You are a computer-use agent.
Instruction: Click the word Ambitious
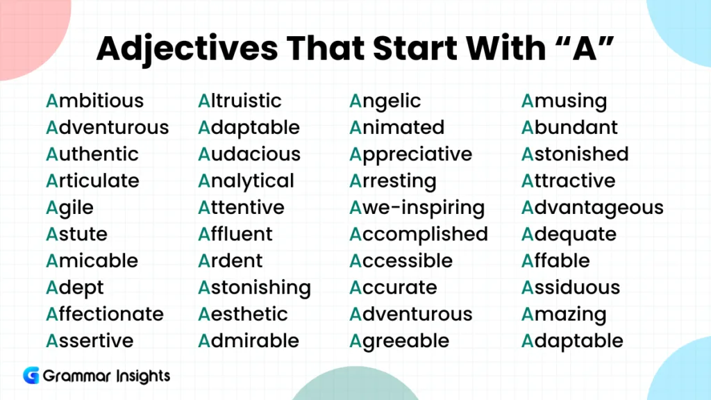click(94, 101)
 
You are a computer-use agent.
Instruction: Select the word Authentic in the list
click(92, 154)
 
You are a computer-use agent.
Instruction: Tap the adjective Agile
click(69, 208)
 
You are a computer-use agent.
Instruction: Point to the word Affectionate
click(105, 314)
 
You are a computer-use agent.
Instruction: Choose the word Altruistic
click(240, 101)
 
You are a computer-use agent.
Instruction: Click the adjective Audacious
click(249, 154)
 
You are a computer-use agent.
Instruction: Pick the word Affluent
click(235, 234)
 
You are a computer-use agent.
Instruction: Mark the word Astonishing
click(254, 287)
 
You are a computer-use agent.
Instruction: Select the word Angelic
click(385, 101)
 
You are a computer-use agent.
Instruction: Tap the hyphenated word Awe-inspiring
click(417, 208)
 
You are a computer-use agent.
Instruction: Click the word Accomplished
click(419, 234)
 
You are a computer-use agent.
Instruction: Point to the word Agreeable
click(399, 341)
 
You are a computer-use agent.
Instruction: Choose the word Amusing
click(564, 101)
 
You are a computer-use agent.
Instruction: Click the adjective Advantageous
click(592, 208)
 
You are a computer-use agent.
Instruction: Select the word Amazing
click(564, 314)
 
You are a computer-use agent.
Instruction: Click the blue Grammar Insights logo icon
click(31, 376)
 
